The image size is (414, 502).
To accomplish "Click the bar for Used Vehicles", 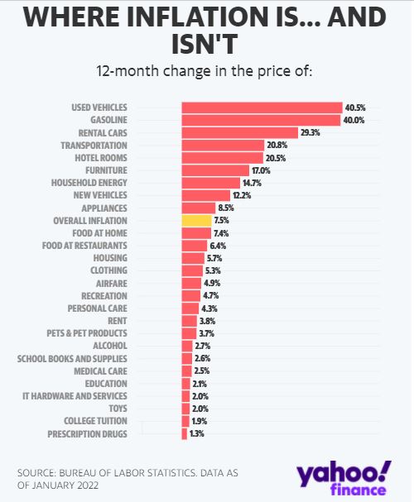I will pos(262,108).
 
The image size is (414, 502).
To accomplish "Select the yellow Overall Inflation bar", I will pos(196,221).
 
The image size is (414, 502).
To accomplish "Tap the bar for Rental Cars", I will pos(239,132).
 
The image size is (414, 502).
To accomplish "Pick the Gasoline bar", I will pos(261,120).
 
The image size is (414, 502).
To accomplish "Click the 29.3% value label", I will pos(310,132).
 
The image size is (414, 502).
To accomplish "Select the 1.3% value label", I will pos(196,433).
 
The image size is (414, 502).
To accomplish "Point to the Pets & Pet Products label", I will pos(87,333).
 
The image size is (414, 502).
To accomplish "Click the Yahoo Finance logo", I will pos(341,479).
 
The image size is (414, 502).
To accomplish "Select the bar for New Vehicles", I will pos(206,195).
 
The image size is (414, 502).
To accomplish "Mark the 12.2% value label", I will pos(241,195).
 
